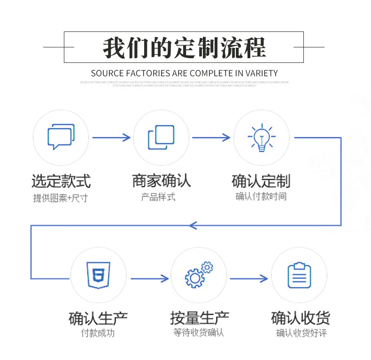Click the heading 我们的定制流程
tap(184, 47)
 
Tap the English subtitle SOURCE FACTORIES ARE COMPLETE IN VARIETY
tap(184, 73)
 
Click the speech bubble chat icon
tap(61, 137)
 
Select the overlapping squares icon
tap(161, 138)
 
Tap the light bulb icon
tap(262, 138)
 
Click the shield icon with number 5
tap(98, 275)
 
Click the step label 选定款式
tap(61, 181)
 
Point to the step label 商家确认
tap(161, 181)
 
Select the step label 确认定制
tap(261, 181)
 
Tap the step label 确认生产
tap(98, 318)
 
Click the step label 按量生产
tap(199, 318)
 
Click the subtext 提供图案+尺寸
tap(60, 198)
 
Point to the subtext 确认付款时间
tap(261, 196)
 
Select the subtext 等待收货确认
tap(199, 333)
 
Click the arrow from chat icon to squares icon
tap(111, 138)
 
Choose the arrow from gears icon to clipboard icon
tap(249, 279)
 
